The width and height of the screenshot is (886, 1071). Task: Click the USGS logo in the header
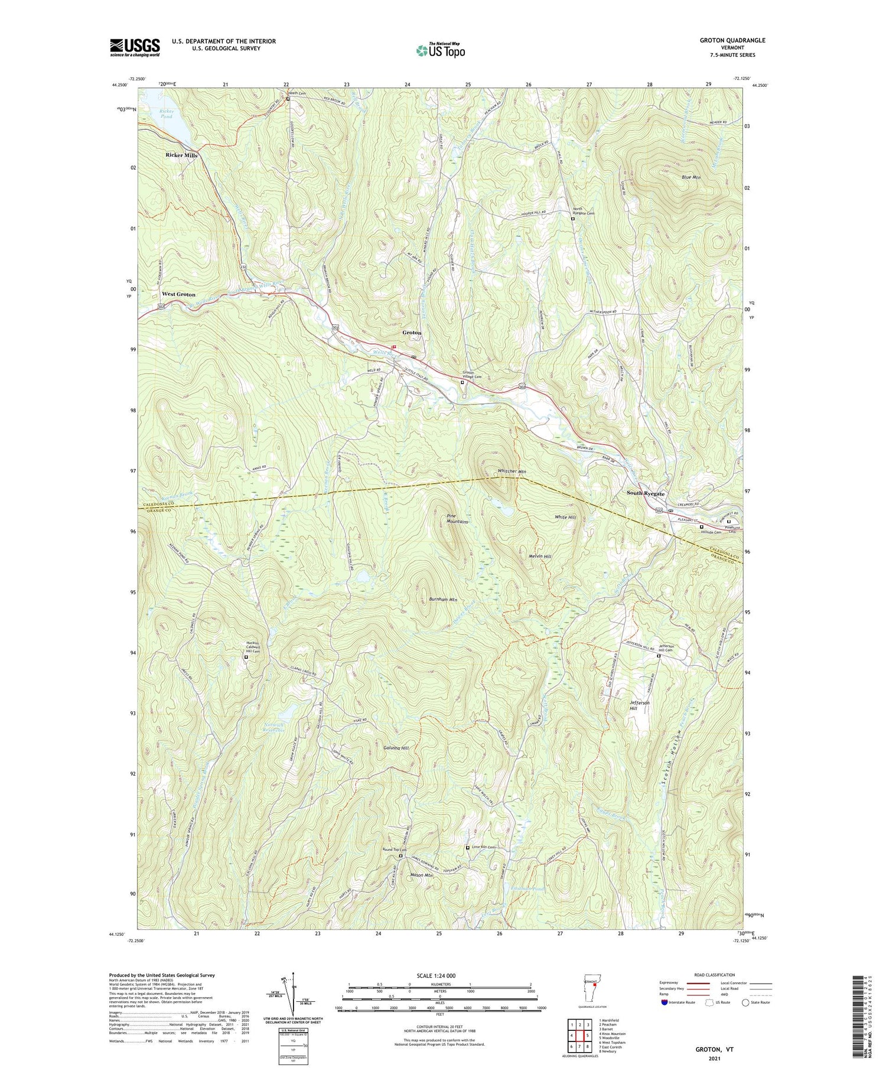(135, 47)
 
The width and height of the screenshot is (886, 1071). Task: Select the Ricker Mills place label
(181, 155)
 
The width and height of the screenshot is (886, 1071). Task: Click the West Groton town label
(178, 294)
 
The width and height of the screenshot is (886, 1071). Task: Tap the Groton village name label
(412, 333)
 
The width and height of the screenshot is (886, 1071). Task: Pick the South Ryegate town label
(646, 494)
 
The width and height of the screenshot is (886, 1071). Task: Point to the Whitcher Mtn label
(511, 471)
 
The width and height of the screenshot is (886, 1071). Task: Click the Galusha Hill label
(395, 748)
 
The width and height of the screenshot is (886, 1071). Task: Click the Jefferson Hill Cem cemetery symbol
(659, 655)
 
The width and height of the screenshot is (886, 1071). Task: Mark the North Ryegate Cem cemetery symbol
(572, 219)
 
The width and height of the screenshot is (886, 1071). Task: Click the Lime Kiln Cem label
(482, 848)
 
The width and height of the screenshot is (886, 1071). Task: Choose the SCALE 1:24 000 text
(439, 975)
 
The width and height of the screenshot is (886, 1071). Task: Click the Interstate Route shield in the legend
(664, 1002)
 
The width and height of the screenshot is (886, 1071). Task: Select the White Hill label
(565, 517)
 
